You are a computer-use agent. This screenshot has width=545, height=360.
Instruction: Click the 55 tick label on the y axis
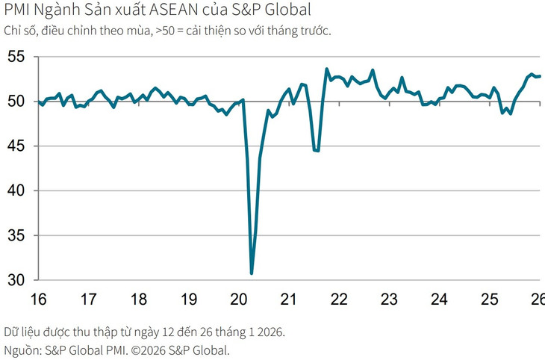coord(16,57)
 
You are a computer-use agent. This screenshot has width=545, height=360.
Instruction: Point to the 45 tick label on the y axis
coord(16,146)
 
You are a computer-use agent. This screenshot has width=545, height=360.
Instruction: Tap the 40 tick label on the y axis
coord(16,191)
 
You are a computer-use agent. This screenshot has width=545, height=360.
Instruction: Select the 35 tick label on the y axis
coord(16,236)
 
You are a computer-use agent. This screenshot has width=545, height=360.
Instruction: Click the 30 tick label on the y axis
coord(16,281)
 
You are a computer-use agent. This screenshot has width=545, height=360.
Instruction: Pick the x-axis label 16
coord(38,300)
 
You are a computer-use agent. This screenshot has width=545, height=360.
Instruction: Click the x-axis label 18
coord(138,300)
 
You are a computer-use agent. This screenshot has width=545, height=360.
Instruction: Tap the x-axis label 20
coord(239,300)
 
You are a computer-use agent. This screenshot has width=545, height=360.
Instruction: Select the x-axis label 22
coord(339,300)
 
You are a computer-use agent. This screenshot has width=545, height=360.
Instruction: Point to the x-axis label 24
coord(439,300)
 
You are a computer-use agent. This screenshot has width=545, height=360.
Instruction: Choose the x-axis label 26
coord(537,300)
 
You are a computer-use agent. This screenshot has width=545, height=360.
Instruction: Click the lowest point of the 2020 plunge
coord(252,273)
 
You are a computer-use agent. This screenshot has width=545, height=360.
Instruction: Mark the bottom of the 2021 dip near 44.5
coord(317,151)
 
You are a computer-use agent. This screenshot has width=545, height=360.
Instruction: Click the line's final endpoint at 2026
coord(540,75)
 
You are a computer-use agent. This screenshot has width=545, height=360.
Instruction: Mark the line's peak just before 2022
coord(327,69)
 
